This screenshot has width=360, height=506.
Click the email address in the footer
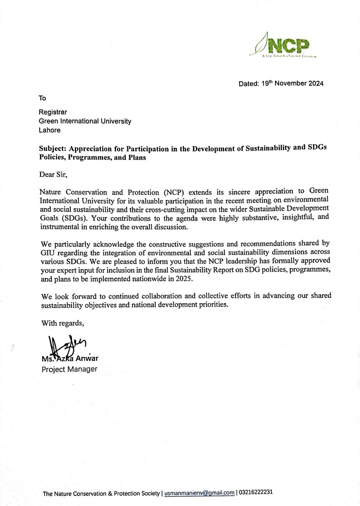[x=199, y=493]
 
